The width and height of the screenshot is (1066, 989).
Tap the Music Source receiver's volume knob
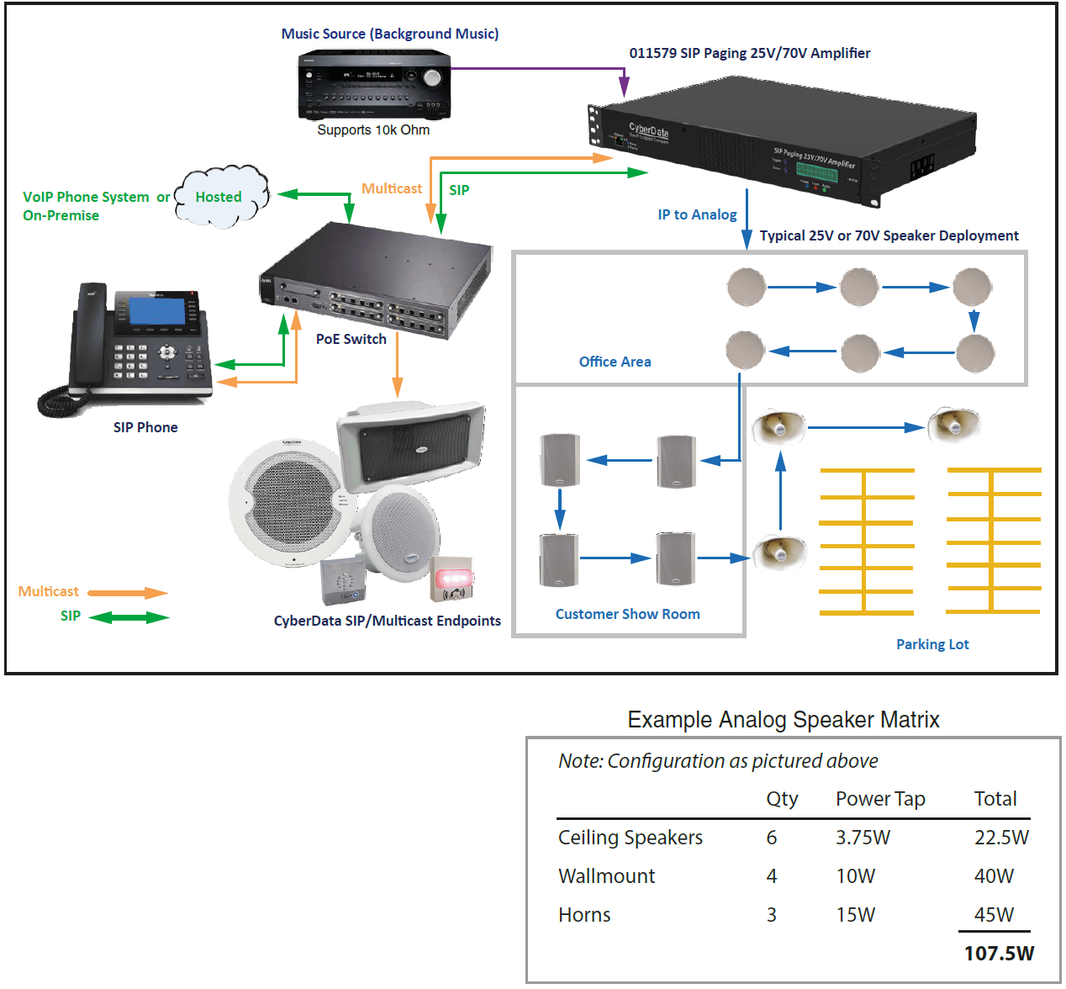coord(432,78)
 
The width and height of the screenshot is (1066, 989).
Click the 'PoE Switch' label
coord(351,339)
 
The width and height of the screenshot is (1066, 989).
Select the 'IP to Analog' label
coord(697,214)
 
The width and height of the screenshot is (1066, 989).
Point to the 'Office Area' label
coord(615,362)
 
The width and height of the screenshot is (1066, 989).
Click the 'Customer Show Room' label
coord(627,614)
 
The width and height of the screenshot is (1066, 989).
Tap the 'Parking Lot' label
coord(932,644)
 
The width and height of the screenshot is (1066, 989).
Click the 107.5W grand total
coord(999,953)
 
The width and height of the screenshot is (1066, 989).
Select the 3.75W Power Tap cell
coord(863,838)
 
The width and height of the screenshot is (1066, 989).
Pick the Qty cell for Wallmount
coord(772,876)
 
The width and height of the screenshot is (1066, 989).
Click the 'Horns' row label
coord(584,915)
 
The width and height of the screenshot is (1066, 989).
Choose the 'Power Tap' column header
coord(880,799)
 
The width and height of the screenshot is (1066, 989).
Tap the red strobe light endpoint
coord(453,578)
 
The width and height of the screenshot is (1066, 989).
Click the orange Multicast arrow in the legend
coord(128,593)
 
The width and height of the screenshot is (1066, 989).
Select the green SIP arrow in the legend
coord(129,617)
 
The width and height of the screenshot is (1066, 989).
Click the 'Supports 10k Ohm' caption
coord(373,130)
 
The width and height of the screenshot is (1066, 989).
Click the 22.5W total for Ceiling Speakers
coord(1001,838)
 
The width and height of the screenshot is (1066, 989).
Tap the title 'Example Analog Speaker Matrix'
coord(784,720)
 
